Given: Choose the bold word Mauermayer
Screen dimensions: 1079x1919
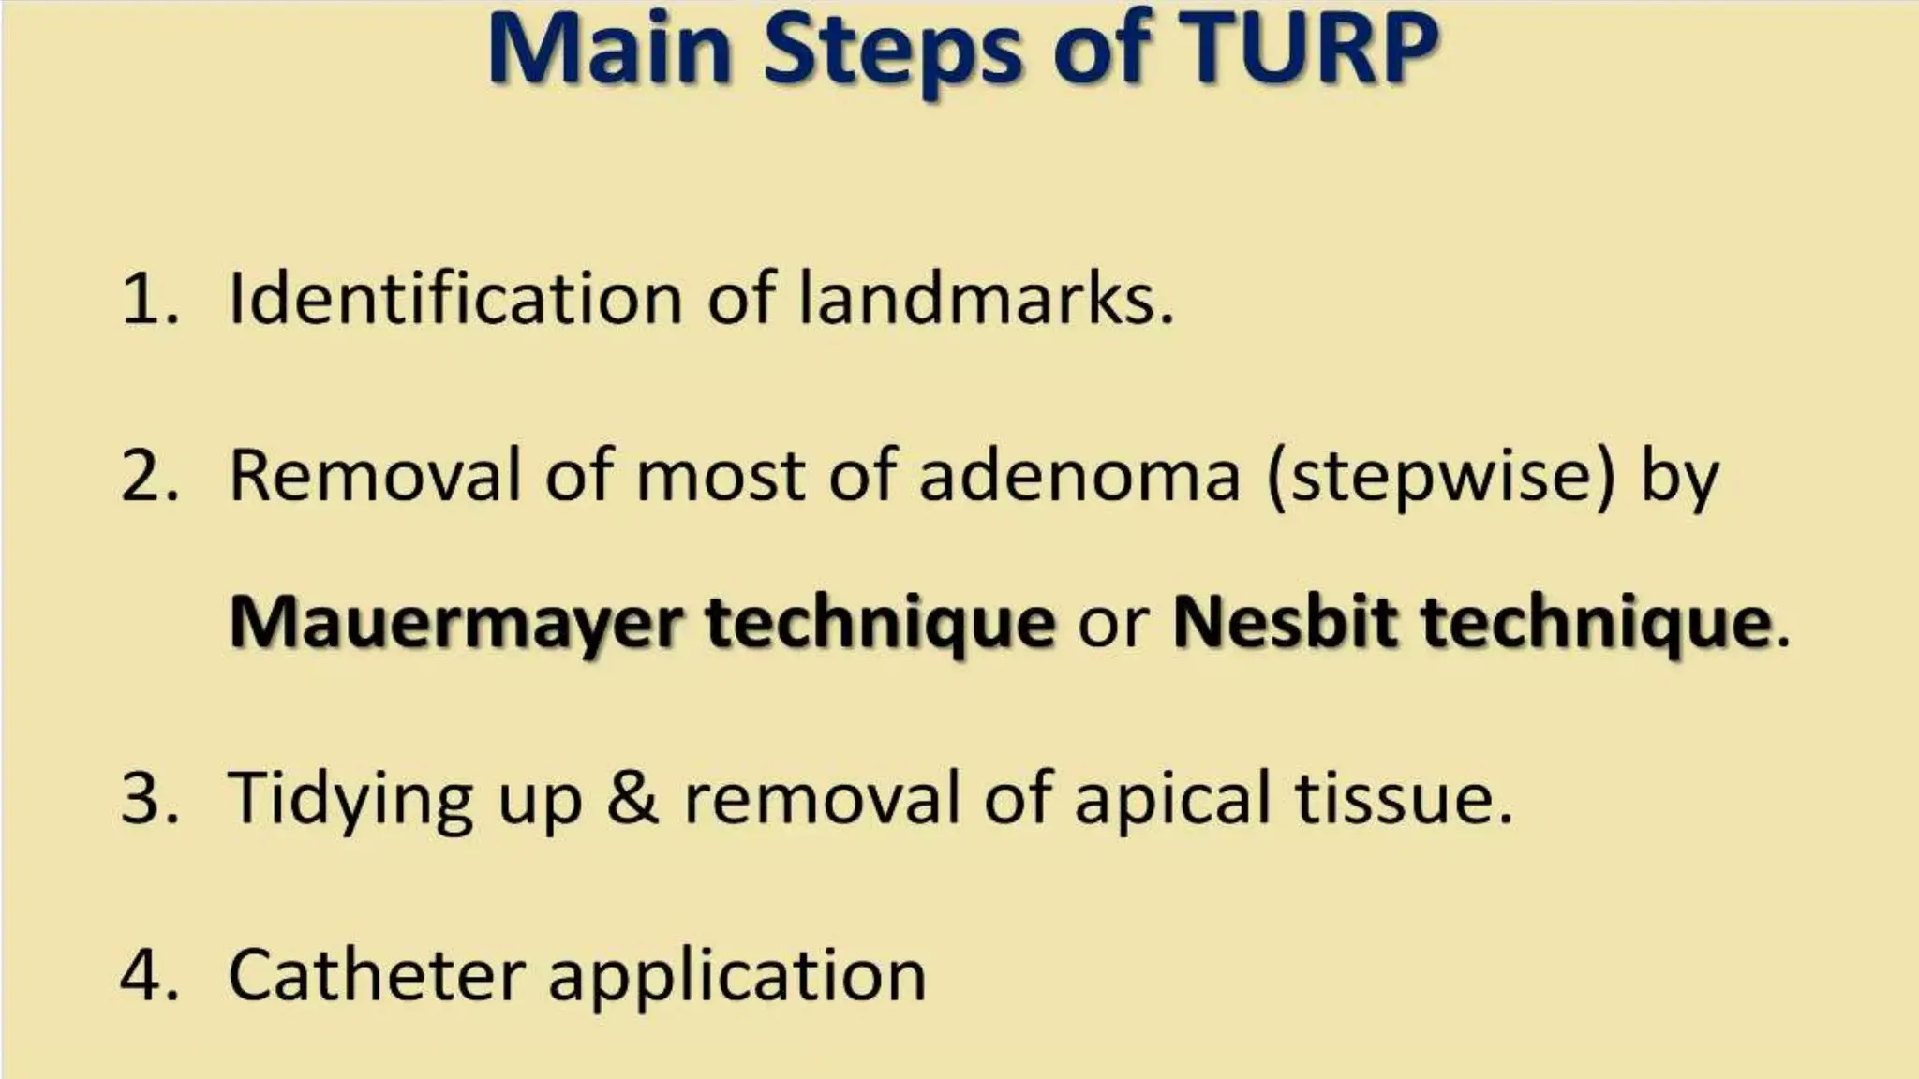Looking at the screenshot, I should click(x=455, y=623).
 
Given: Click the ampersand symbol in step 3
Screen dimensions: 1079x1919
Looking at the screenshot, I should click(x=632, y=798).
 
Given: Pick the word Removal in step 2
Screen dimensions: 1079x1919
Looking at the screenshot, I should click(x=375, y=476).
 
